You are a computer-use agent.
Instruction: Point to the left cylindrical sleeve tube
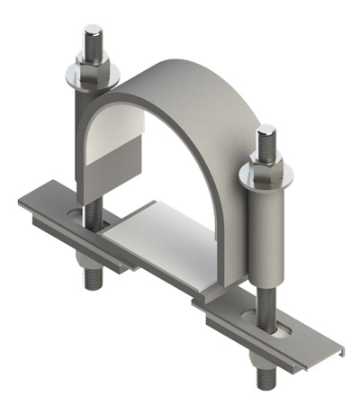pos(79,135)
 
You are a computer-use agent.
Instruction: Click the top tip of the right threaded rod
pos(266,130)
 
